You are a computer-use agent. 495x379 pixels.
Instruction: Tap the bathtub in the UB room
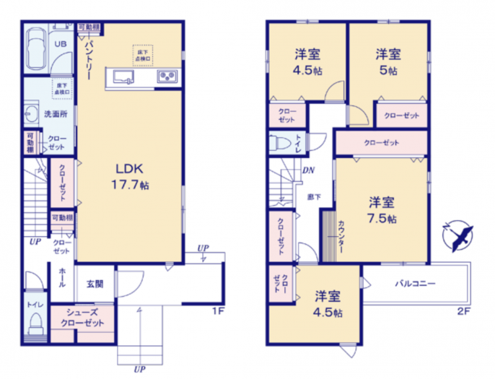[x=36, y=50]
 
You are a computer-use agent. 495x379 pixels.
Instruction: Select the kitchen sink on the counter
[x=121, y=75]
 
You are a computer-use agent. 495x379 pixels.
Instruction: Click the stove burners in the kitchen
[x=168, y=76]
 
